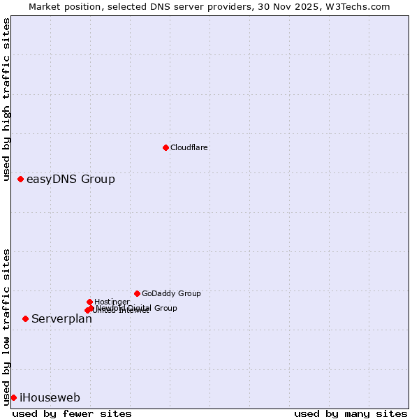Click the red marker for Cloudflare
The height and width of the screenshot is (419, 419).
(166, 147)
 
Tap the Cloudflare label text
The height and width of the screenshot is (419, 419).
(189, 147)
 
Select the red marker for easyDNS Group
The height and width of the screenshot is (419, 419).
(20, 179)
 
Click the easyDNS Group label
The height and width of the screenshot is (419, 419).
(71, 179)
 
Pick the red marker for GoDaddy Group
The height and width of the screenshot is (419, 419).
(137, 293)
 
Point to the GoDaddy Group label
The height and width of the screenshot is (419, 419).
(171, 293)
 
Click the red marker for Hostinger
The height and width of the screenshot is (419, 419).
(89, 302)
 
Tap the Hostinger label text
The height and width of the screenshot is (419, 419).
(112, 302)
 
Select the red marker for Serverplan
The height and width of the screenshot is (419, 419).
(25, 318)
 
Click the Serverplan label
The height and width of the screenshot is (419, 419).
(61, 319)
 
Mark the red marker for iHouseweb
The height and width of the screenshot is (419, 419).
(13, 397)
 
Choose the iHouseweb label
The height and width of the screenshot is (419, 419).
(50, 398)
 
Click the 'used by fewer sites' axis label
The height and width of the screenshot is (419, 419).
(72, 413)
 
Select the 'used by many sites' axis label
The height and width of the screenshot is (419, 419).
(351, 413)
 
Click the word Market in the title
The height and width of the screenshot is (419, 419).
(45, 6)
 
